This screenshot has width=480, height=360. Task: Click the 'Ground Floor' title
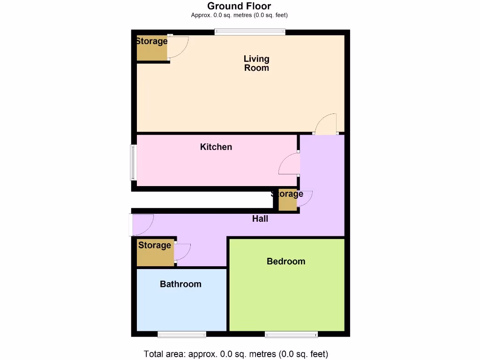(239, 6)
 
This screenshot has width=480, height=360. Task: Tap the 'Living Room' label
(256, 63)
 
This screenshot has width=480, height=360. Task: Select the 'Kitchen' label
(216, 147)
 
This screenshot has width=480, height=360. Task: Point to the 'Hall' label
(260, 218)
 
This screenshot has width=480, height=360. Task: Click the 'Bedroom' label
(286, 261)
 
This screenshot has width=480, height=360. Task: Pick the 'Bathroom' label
(180, 284)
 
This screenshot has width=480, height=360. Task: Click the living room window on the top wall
(250, 32)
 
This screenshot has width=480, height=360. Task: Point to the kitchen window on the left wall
(133, 163)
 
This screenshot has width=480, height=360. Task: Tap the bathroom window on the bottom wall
(181, 334)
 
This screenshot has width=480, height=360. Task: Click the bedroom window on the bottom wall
(291, 334)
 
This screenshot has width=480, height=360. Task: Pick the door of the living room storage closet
(179, 47)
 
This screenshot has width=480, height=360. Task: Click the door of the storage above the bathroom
(182, 252)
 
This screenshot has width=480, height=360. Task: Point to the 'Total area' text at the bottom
(236, 354)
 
